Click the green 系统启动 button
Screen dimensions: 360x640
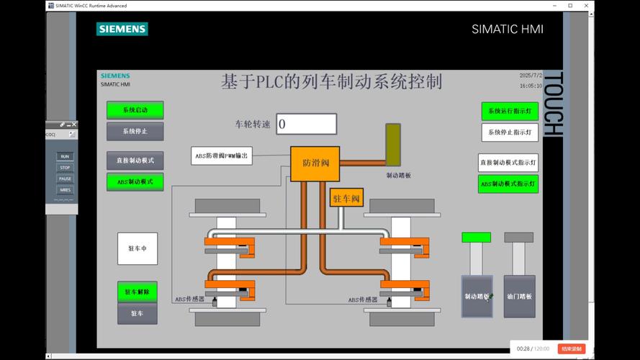135,110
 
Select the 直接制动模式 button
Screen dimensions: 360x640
135,160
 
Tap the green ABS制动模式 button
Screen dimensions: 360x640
135,182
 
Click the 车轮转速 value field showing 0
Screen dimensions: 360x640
306,124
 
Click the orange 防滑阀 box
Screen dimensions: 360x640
315,163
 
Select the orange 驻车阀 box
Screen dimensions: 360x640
346,198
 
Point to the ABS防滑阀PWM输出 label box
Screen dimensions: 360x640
221,156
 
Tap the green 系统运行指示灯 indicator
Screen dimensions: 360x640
509,111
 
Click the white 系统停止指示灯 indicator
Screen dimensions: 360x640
509,132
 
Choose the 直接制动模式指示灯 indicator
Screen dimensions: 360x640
508,162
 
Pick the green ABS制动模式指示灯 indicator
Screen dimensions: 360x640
508,184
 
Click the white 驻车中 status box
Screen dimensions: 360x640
138,248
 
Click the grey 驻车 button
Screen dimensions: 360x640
137,314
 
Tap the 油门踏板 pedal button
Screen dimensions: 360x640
519,296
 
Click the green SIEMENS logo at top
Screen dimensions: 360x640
122,30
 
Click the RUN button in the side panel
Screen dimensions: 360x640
65,156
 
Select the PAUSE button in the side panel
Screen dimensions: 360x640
65,179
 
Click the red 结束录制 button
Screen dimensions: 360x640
572,348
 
